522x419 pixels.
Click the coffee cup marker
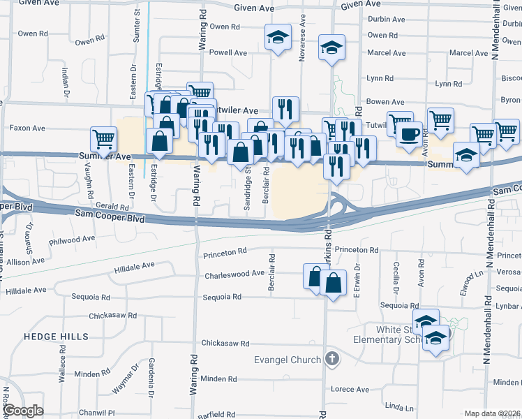click(x=409, y=133)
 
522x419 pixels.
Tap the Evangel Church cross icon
click(x=332, y=360)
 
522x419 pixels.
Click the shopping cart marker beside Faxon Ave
click(x=103, y=138)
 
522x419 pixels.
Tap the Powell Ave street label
click(x=228, y=52)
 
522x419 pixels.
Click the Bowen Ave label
click(x=385, y=102)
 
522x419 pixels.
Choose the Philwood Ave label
click(x=72, y=238)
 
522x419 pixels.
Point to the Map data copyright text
click(x=492, y=413)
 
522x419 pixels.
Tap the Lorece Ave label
click(x=350, y=389)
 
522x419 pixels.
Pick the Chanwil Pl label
click(x=96, y=413)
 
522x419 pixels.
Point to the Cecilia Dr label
click(x=396, y=277)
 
